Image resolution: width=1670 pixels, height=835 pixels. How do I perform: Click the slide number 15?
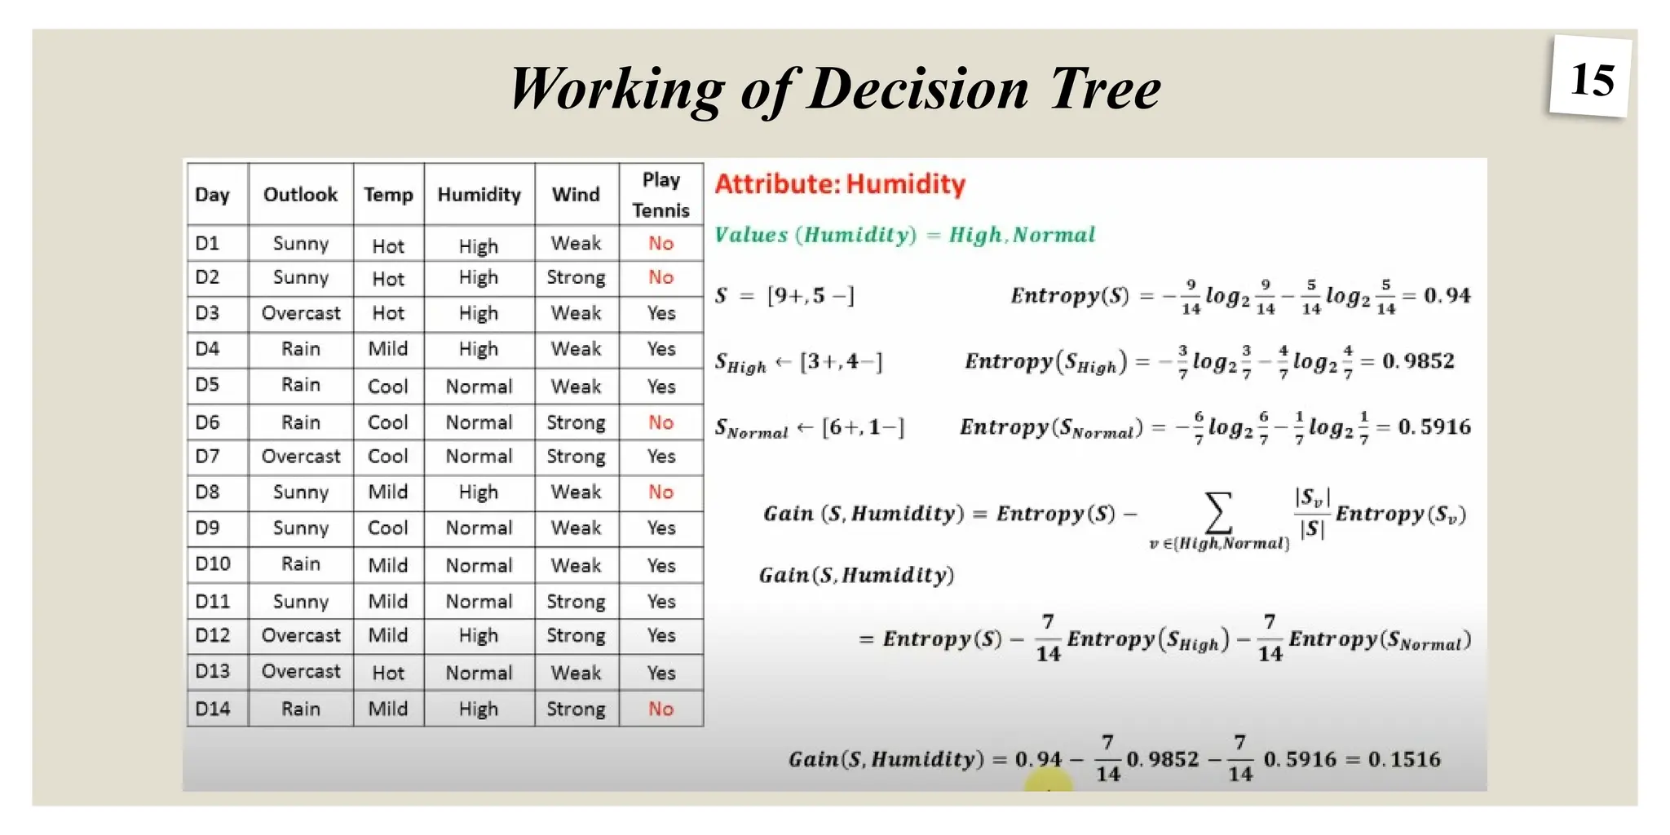tap(1591, 80)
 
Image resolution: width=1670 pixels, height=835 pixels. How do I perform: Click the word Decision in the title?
tap(917, 89)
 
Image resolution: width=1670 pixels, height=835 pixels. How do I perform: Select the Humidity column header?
tap(479, 195)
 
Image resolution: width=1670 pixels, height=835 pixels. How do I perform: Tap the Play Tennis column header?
tap(660, 195)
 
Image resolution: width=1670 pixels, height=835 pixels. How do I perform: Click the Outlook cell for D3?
tap(301, 313)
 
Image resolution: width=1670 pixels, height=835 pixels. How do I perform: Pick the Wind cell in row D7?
tap(576, 457)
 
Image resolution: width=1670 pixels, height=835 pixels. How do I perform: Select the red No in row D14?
tap(660, 709)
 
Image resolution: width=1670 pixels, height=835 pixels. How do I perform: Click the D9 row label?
tap(207, 528)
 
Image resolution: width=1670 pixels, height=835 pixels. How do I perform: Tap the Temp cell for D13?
tap(387, 673)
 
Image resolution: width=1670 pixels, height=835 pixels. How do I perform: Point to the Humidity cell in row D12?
tap(478, 636)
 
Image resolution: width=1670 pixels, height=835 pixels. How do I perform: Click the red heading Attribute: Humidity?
tap(840, 184)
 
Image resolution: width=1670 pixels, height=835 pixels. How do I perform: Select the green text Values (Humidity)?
tap(815, 236)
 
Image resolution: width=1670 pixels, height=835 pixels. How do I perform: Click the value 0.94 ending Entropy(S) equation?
tap(1447, 295)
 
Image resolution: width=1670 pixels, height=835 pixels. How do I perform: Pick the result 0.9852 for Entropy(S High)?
tap(1418, 360)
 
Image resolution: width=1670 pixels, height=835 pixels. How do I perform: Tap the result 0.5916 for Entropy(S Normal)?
tap(1434, 426)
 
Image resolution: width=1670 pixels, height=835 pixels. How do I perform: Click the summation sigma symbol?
tap(1218, 513)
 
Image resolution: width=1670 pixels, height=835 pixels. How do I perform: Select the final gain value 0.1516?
tap(1404, 759)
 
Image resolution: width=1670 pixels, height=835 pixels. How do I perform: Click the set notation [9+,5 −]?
tap(810, 295)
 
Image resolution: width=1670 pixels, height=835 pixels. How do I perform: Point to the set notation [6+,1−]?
tap(863, 427)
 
